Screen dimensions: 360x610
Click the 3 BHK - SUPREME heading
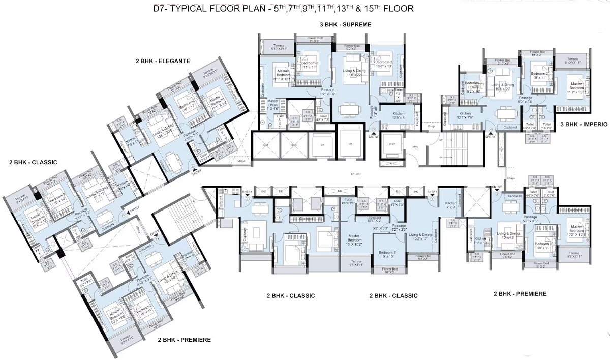[x=345, y=25]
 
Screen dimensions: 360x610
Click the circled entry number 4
[x=490, y=131]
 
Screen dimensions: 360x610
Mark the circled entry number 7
[x=248, y=198]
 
